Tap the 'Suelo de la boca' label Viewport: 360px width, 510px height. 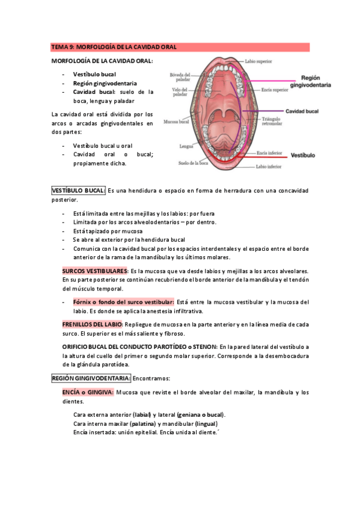tap(193, 162)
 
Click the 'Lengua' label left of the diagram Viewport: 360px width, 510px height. tap(185, 146)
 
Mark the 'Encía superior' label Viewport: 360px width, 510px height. tap(275, 90)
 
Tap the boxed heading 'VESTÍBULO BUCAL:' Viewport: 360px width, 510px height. tap(78, 191)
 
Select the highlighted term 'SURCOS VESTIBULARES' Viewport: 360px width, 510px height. tap(95, 271)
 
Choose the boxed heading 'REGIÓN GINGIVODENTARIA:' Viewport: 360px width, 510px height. tap(91, 378)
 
